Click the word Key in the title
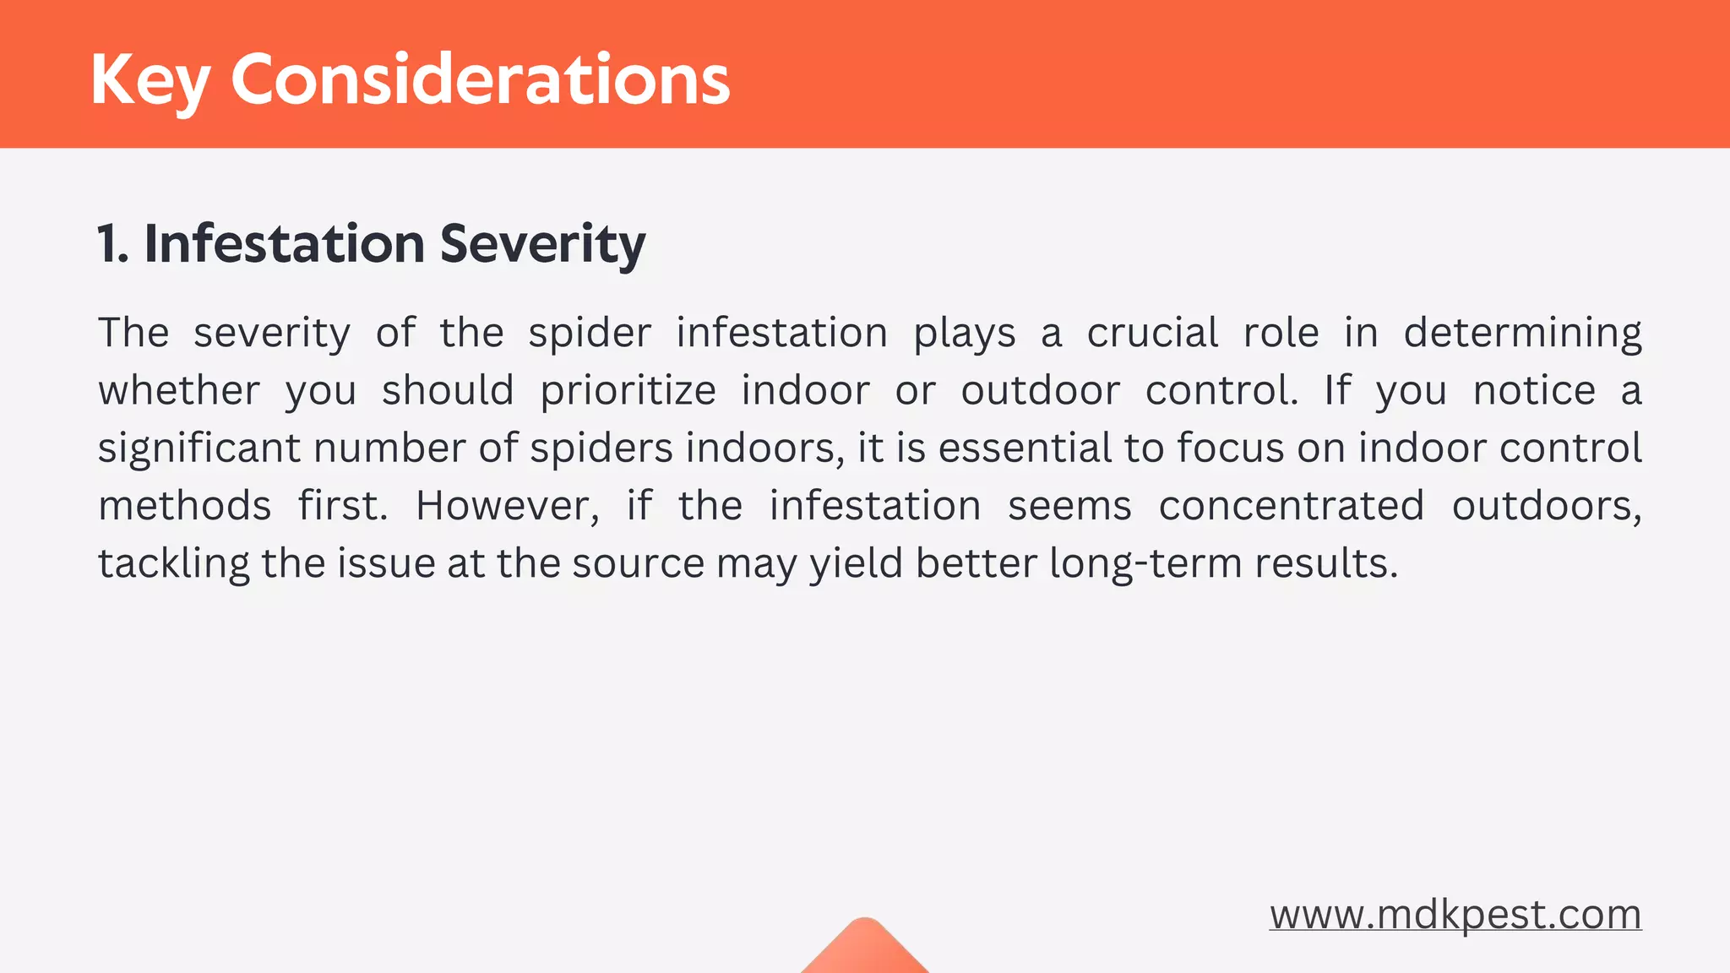coord(150,80)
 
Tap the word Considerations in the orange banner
coord(480,80)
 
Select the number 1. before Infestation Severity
coord(112,244)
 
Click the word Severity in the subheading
coord(542,244)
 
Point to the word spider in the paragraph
coord(590,333)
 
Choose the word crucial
coord(1152,333)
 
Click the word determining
coord(1522,333)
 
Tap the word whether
coord(179,390)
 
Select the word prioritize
coord(628,390)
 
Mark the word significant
coord(199,448)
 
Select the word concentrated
coord(1291,506)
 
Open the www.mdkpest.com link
coord(1455,915)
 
